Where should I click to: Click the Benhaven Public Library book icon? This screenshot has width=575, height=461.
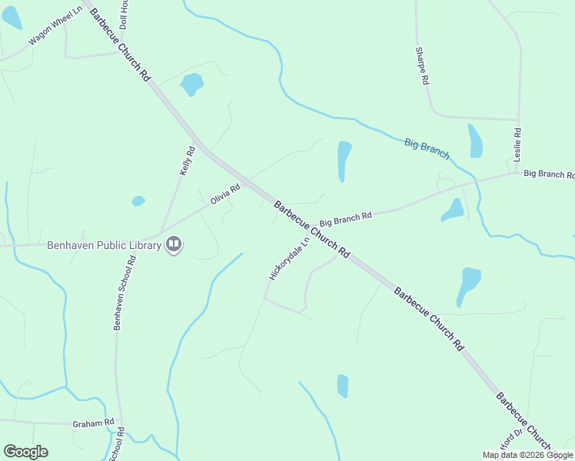[174, 246]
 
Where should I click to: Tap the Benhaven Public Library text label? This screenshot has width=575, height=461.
[104, 246]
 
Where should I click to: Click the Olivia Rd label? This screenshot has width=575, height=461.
[225, 194]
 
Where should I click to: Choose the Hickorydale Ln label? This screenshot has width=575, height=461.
[289, 258]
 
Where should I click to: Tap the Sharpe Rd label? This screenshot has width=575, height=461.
[421, 65]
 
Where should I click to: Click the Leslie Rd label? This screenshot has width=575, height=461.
[517, 144]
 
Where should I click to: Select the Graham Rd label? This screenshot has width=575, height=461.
[93, 423]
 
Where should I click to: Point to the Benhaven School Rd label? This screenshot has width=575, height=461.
[124, 293]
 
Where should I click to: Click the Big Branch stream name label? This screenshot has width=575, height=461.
[427, 148]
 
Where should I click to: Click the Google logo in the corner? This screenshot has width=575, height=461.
[25, 452]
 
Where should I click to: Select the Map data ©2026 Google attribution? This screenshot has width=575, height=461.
[527, 455]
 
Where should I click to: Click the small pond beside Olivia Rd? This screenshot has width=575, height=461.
[138, 201]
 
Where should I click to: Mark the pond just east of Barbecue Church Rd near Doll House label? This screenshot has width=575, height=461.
[191, 83]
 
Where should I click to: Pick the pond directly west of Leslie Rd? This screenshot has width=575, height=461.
[475, 140]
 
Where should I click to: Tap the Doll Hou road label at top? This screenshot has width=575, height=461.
[123, 15]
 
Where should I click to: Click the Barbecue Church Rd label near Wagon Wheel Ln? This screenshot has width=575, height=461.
[119, 42]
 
